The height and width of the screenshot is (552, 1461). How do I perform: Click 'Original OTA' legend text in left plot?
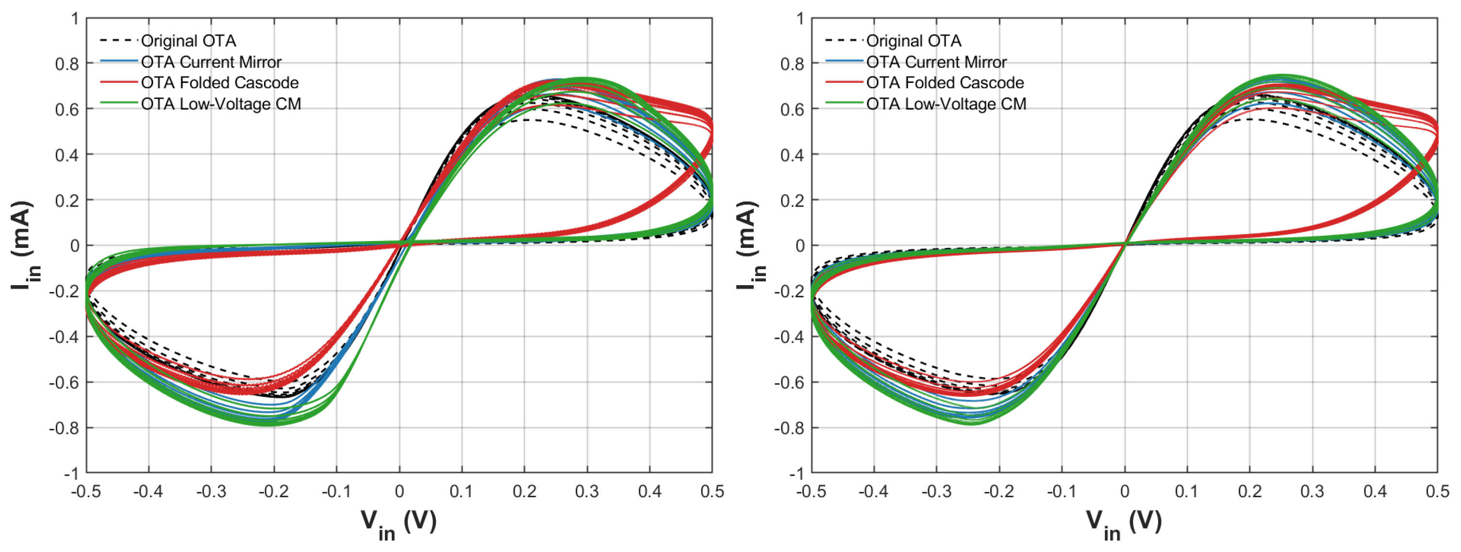188,41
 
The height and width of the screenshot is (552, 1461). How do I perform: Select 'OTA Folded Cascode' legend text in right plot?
945,83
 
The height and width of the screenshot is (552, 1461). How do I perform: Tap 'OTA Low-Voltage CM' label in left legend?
221,104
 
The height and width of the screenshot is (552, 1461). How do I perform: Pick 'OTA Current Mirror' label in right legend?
936,62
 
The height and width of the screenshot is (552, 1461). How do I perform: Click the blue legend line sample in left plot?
119,61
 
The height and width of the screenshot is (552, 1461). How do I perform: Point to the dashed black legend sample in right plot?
845,40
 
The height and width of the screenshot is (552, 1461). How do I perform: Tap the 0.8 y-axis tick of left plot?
67,64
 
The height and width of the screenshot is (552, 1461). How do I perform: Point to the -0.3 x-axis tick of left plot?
211,491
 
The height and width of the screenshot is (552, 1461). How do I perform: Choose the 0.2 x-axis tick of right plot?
1249,491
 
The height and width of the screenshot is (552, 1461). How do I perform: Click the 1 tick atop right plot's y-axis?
800,19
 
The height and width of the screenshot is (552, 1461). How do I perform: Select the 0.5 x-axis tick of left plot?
712,491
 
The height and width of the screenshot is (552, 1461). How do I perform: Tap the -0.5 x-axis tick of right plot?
811,491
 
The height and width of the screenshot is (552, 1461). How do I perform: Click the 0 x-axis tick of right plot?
1125,491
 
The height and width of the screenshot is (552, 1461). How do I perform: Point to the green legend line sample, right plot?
845,103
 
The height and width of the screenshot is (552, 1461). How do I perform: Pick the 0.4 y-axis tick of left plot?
67,155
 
